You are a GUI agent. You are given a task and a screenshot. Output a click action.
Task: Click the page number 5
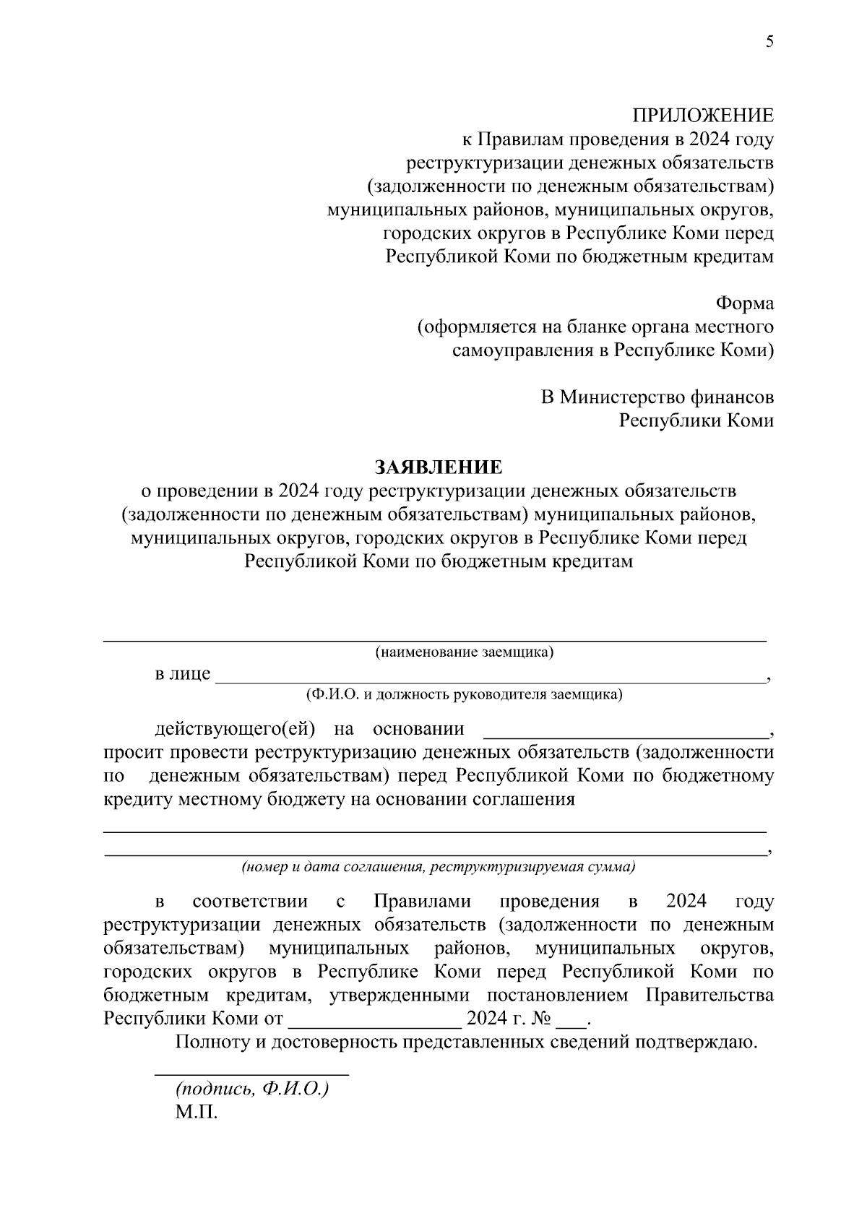[769, 42]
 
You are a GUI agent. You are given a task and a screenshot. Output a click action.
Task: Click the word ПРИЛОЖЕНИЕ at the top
[703, 116]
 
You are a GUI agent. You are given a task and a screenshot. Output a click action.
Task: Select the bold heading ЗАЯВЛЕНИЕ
[438, 467]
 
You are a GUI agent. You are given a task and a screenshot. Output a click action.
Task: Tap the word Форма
[744, 303]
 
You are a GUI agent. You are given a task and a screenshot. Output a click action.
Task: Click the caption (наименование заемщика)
[464, 653]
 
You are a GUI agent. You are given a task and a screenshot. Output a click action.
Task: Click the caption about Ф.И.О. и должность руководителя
[464, 695]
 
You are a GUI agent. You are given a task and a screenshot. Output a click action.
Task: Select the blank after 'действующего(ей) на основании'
[625, 734]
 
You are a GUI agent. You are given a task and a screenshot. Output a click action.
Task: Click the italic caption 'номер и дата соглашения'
[439, 866]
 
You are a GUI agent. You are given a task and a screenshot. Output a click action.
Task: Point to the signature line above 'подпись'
[252, 1075]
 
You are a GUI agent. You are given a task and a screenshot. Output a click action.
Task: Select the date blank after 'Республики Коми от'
[374, 1024]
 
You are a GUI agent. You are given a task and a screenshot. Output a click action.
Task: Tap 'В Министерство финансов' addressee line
[657, 397]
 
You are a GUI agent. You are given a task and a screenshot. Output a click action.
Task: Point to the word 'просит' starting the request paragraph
[133, 754]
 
